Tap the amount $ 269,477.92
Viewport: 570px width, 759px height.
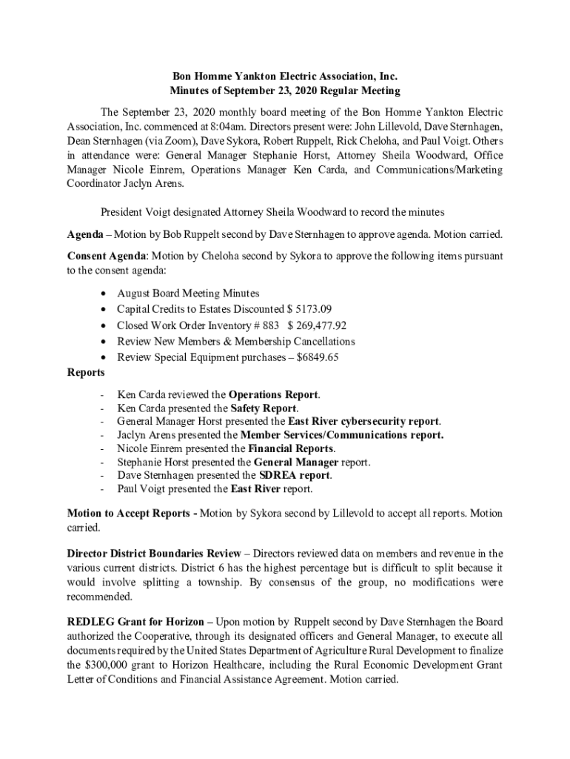pyautogui.click(x=317, y=325)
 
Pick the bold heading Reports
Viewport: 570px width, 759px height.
pyautogui.click(x=85, y=372)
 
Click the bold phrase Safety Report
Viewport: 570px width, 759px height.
pyautogui.click(x=264, y=408)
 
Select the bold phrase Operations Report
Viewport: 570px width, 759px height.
pyautogui.click(x=274, y=394)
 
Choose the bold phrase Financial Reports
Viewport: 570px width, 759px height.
pyautogui.click(x=291, y=448)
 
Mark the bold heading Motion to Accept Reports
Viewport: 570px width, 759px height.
pyautogui.click(x=130, y=513)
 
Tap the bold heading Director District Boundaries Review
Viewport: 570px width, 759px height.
pyautogui.click(x=153, y=554)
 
